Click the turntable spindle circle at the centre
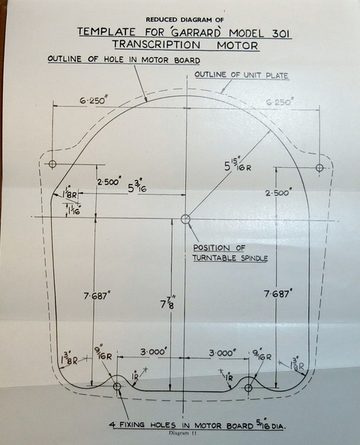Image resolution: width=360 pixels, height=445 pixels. (185, 219)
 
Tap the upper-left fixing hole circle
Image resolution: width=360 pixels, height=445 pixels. (52, 164)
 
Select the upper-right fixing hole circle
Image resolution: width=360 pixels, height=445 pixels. (319, 167)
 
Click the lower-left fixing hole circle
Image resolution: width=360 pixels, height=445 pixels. (117, 386)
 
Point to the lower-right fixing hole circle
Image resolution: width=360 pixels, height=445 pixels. (248, 388)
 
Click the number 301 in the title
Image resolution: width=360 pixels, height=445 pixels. (281, 34)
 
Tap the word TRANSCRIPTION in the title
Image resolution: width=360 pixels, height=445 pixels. (156, 45)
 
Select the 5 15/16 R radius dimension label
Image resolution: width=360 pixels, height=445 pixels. (238, 164)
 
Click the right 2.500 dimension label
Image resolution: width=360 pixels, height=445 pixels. (278, 193)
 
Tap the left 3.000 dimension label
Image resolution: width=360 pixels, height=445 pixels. (152, 352)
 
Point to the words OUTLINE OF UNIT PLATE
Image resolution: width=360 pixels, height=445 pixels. (241, 75)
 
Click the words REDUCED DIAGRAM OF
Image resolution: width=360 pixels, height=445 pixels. (184, 20)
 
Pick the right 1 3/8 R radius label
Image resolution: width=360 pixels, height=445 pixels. (296, 365)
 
